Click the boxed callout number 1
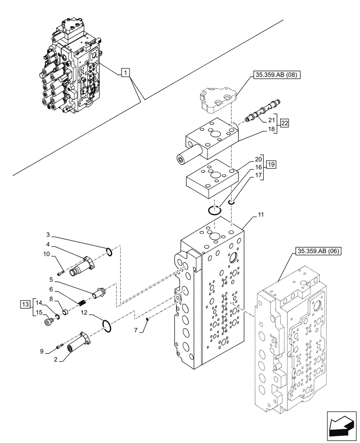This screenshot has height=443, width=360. pyautogui.click(x=125, y=72)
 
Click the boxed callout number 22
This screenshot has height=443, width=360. pyautogui.click(x=285, y=123)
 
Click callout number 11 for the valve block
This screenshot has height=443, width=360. pyautogui.click(x=261, y=215)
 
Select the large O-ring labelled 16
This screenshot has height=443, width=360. pyautogui.click(x=215, y=210)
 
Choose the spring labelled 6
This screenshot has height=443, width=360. pyautogui.click(x=81, y=303)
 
